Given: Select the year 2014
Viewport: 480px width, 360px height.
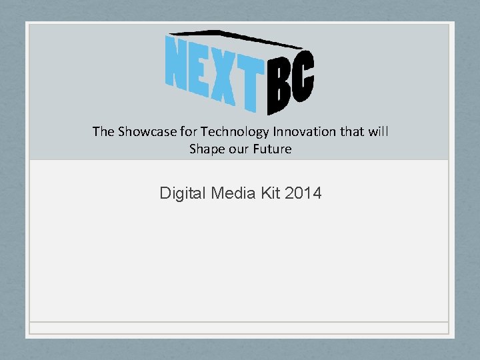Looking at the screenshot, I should (303, 194).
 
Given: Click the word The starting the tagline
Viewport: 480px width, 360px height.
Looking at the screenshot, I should (103, 131).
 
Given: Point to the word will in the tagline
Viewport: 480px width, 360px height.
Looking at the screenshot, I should (378, 131).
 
